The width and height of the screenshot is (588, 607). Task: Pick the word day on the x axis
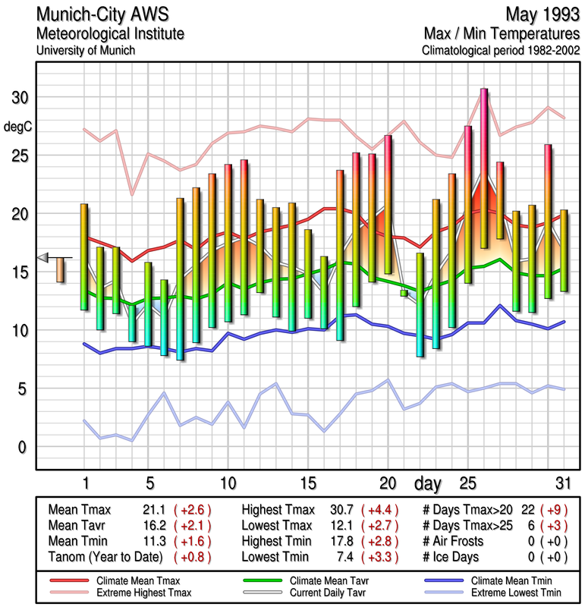tap(430, 483)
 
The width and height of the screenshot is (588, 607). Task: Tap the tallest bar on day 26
tap(483, 168)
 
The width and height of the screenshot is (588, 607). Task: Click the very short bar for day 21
tap(404, 293)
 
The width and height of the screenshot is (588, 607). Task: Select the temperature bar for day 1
tap(84, 256)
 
